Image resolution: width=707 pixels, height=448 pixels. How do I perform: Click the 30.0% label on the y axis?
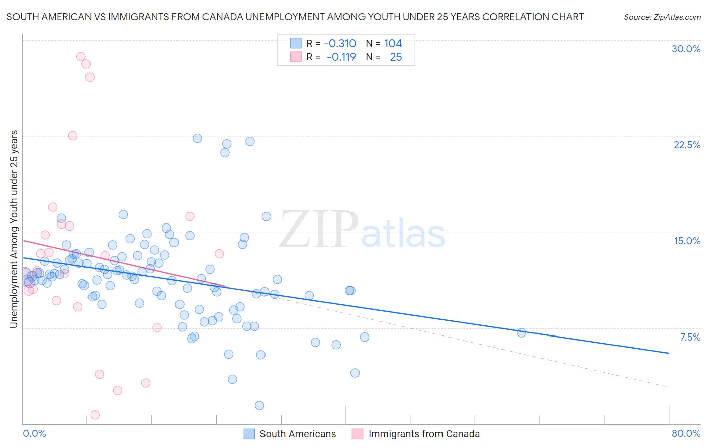point(686,49)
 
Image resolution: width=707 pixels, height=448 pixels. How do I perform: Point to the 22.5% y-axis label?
point(687,145)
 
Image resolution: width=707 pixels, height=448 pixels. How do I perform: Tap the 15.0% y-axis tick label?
point(687,241)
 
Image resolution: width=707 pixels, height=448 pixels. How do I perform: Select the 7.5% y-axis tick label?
point(690,337)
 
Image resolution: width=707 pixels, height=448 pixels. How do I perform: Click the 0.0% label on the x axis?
point(34,433)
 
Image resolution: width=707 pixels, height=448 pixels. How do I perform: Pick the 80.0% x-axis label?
point(686,433)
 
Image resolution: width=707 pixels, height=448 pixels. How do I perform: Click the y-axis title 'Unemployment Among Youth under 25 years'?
point(14,229)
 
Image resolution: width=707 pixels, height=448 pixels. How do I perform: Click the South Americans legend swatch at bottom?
point(249,434)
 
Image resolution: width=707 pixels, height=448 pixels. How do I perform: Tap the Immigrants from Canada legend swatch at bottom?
point(358,434)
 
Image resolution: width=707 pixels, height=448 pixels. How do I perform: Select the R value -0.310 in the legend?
point(340,44)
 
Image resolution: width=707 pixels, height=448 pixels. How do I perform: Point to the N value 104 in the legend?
point(393,44)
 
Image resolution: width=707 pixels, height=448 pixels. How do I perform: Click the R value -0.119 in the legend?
point(341,57)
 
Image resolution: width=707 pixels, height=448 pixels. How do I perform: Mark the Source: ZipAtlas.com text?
point(662,17)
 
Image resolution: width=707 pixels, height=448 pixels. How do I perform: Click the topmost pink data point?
point(81,57)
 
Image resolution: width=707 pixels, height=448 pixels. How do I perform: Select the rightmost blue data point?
point(521,332)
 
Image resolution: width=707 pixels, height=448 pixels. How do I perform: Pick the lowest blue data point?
point(259,405)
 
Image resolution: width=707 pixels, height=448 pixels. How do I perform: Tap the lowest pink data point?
point(95,415)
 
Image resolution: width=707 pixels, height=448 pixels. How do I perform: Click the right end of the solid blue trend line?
point(669,353)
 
